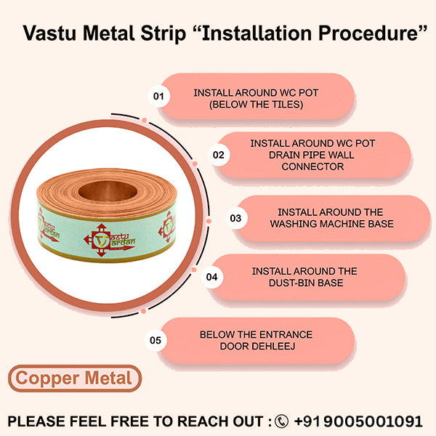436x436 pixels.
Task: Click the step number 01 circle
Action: (x=158, y=96)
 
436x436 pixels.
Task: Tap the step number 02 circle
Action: (x=218, y=155)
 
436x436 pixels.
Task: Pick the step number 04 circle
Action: (x=212, y=277)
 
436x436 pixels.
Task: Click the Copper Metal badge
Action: (x=74, y=379)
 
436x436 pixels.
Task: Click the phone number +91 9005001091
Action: (x=358, y=421)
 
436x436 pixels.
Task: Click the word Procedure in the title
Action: (x=363, y=35)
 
